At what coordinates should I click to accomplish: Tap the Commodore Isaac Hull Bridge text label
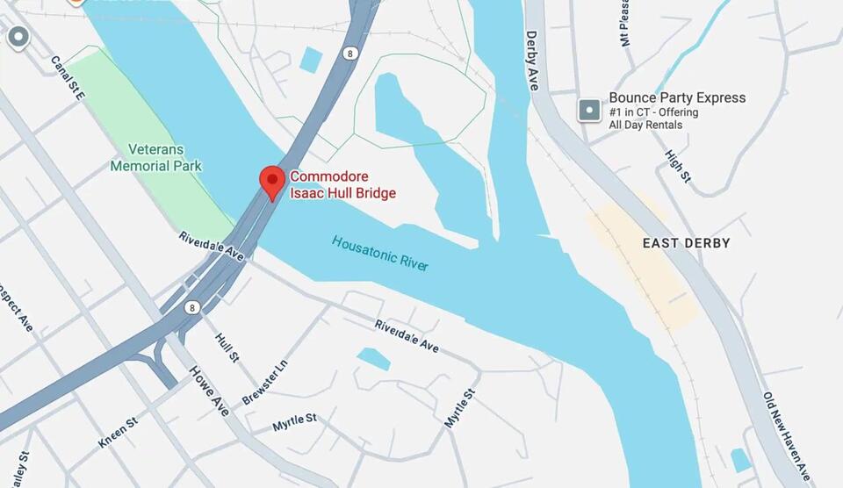coord(342,185)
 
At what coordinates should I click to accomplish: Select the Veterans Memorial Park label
coord(156,157)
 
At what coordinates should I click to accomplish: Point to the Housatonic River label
coord(380,253)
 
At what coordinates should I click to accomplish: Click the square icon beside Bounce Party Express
coord(588,111)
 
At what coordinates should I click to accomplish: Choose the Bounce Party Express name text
coord(677,97)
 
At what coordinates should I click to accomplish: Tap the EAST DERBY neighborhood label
coord(686,243)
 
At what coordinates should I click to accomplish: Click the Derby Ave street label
coord(532,61)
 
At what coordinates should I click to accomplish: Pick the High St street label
coord(678,166)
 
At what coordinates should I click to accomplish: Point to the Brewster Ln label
coord(265,382)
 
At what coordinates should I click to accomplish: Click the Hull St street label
coord(227,345)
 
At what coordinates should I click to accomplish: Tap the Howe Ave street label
coord(209,391)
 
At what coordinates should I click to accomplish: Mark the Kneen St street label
coord(118,433)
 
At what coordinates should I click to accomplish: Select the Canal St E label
coord(67,78)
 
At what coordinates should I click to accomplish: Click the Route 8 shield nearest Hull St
coord(191,307)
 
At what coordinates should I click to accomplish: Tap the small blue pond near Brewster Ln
coord(374,358)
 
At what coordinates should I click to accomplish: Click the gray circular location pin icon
coord(18,37)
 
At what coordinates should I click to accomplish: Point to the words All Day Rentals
coord(645,126)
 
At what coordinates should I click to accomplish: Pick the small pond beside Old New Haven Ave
coord(741,460)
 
